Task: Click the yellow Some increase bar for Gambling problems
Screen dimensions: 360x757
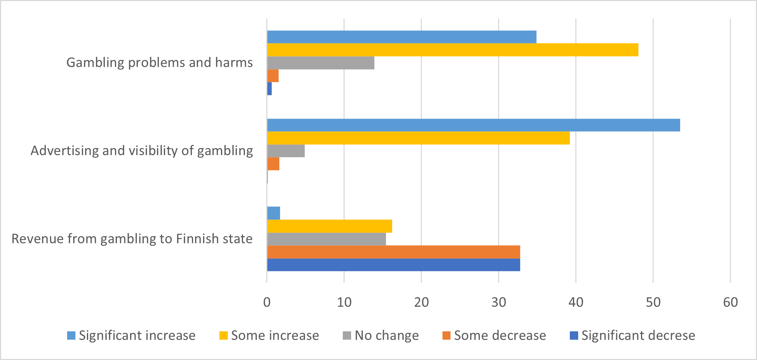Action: pos(452,50)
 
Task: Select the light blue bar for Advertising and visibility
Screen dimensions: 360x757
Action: pos(473,125)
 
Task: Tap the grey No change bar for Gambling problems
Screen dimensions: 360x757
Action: pos(321,63)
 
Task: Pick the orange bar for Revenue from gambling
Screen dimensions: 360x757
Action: pos(394,252)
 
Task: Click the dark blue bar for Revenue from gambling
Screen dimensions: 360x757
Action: pos(394,265)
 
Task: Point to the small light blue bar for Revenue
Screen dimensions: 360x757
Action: pos(273,213)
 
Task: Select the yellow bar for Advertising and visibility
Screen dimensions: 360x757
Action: pos(418,138)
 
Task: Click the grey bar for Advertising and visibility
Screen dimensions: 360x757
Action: pos(286,151)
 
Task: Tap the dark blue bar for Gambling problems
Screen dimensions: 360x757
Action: pos(270,89)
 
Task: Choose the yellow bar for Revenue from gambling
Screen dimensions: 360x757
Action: pos(329,226)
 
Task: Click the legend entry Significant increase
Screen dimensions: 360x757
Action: pos(137,335)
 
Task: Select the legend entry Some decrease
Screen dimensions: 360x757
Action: pos(499,335)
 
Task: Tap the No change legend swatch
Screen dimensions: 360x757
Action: pos(347,335)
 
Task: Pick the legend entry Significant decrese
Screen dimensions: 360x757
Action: pos(638,335)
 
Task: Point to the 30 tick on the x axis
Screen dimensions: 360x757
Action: pos(498,302)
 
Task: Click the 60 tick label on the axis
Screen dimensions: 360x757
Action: pos(730,302)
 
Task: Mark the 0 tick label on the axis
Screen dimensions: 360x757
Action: pos(267,302)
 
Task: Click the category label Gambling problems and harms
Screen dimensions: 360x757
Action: pos(159,62)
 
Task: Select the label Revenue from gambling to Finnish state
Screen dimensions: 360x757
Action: pos(132,239)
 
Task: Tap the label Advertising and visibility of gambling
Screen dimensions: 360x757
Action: pos(141,151)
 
